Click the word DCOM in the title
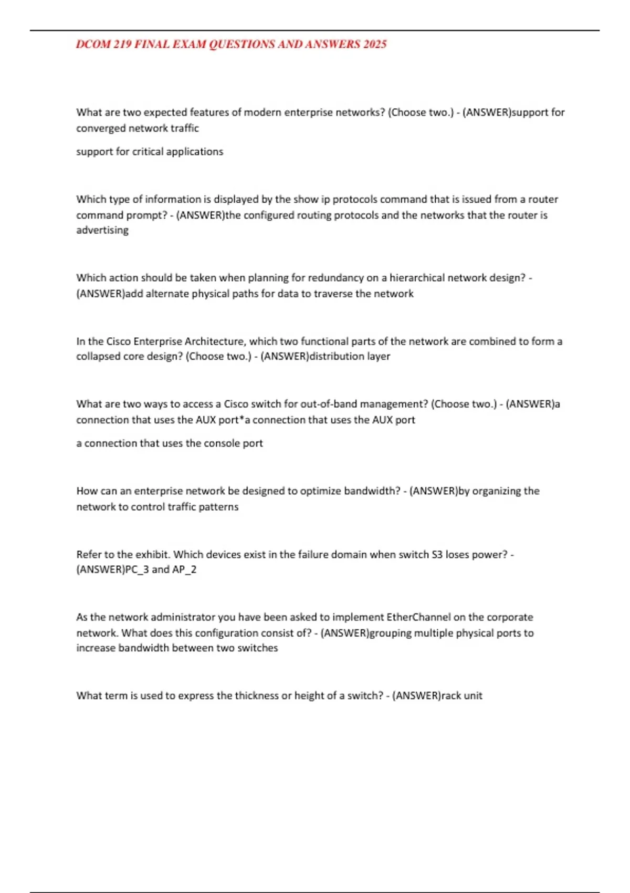tap(93, 45)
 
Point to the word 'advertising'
tap(102, 230)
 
